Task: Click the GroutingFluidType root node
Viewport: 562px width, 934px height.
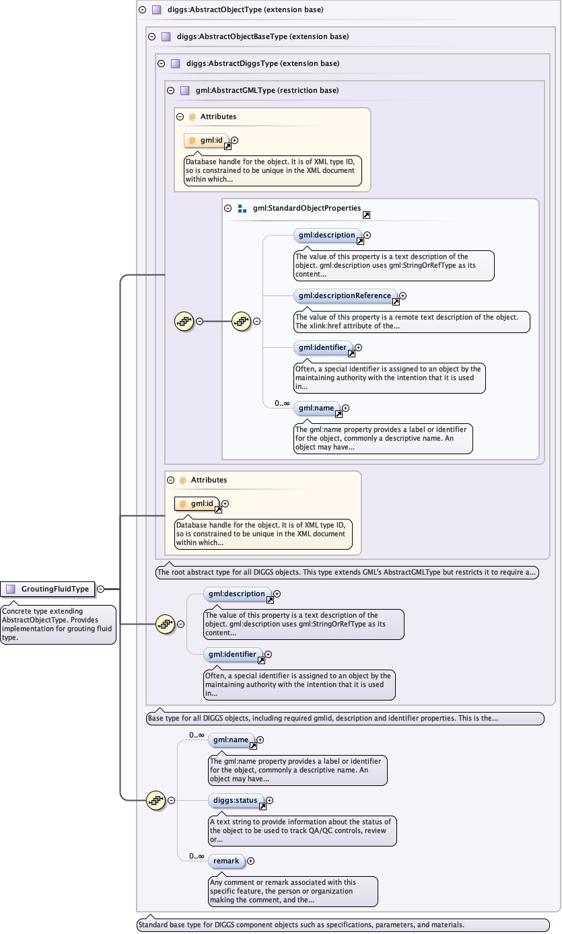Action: coord(55,589)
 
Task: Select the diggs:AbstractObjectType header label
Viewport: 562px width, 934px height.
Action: coord(245,10)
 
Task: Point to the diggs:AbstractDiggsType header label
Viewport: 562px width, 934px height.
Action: coord(262,63)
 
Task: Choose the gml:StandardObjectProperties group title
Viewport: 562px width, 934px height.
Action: coord(307,209)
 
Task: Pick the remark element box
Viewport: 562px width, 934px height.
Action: coord(225,861)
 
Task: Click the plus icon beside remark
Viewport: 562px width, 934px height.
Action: coord(251,861)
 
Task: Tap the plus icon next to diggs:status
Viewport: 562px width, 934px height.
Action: coord(270,801)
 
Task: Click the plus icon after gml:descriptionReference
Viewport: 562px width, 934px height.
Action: coord(403,296)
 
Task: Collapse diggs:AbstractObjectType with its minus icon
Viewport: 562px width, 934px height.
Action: coord(142,10)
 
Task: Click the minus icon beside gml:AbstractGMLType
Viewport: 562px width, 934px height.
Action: coord(170,90)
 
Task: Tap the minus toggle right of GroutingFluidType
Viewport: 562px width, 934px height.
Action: coord(100,589)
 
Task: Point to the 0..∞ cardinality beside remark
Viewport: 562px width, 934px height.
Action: coord(197,856)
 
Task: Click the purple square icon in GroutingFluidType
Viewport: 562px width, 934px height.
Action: coord(11,589)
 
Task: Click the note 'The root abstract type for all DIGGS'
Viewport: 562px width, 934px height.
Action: coord(347,573)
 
